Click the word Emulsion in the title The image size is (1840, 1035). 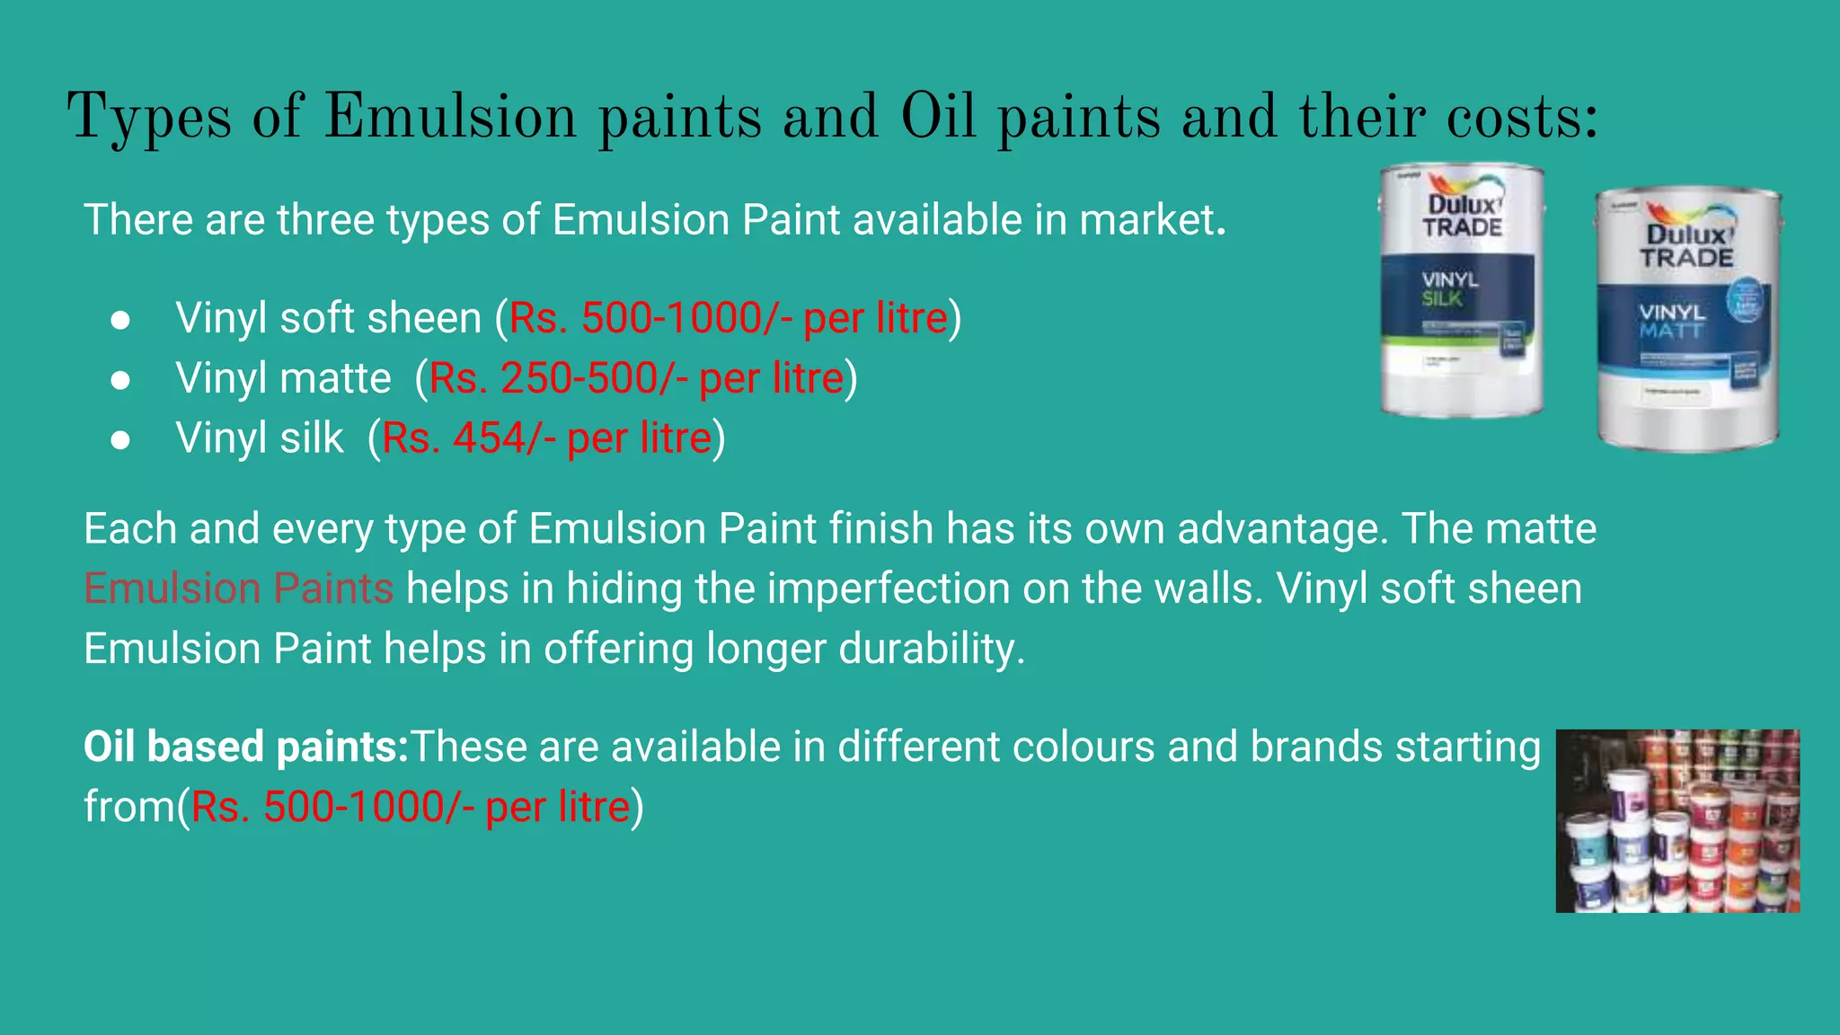pyautogui.click(x=449, y=117)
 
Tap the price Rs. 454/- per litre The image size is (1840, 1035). pyautogui.click(x=546, y=438)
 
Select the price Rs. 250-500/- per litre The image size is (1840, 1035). pyautogui.click(x=636, y=378)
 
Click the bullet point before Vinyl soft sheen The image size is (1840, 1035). pyautogui.click(x=120, y=321)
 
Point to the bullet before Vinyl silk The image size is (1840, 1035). pyautogui.click(x=120, y=440)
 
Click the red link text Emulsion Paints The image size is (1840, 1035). pyautogui.click(x=238, y=588)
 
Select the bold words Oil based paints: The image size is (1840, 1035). pyautogui.click(x=246, y=747)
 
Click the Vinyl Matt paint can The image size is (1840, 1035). pyautogui.click(x=1687, y=319)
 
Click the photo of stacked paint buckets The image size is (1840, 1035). pyautogui.click(x=1677, y=821)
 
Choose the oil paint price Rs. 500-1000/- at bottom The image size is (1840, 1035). pyautogui.click(x=410, y=807)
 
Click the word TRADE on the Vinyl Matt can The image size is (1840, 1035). pyautogui.click(x=1686, y=258)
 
